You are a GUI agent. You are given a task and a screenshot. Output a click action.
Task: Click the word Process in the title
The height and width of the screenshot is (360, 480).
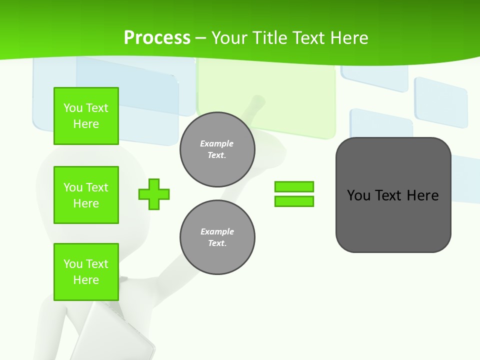pos(157,38)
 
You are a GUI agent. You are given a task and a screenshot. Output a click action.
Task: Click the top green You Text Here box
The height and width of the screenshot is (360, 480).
pos(86,116)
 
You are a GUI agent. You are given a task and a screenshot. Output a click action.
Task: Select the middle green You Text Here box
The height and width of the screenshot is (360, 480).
pos(86,195)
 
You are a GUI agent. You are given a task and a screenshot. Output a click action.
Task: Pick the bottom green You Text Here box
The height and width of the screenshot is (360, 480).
pos(86,272)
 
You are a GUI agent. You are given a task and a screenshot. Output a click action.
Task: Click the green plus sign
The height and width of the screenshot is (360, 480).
pos(154,194)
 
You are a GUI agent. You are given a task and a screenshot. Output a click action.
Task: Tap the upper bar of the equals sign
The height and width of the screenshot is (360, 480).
pos(294,186)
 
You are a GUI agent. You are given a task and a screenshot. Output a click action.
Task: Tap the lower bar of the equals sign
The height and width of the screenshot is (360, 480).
pos(294,201)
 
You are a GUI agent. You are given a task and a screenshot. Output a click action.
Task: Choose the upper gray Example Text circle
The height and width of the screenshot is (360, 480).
pos(217,149)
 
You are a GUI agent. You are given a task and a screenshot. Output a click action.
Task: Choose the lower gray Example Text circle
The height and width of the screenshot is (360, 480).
pos(217,237)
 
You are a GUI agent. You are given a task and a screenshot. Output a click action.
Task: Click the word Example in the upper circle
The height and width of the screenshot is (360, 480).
pos(217,143)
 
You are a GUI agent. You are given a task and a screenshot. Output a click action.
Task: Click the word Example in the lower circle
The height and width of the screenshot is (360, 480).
pos(217,231)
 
